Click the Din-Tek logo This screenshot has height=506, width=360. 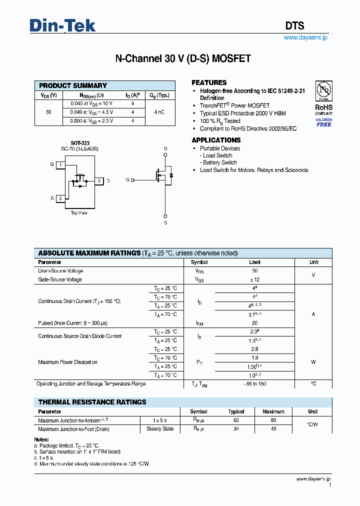[x=62, y=25]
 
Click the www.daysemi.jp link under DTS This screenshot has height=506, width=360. [x=305, y=37]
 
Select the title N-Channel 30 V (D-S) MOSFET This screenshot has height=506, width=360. [x=183, y=58]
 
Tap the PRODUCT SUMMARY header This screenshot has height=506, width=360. [x=73, y=85]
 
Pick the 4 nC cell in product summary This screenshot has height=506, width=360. [x=159, y=112]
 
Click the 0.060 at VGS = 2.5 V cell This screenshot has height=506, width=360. [x=91, y=120]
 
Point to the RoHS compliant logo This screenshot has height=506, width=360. [x=323, y=97]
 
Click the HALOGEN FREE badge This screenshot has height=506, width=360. [x=323, y=122]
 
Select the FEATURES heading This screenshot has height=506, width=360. [x=209, y=82]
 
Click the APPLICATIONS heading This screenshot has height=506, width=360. [x=216, y=140]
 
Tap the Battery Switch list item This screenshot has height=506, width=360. [x=219, y=162]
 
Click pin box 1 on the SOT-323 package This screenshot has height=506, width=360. [x=60, y=164]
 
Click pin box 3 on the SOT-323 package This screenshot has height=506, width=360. [x=99, y=180]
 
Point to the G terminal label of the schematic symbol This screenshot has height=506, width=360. [x=127, y=179]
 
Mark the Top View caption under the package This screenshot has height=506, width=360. [x=79, y=212]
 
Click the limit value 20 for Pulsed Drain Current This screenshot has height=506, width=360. [x=254, y=323]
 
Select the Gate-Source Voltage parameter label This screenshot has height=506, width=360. [x=60, y=279]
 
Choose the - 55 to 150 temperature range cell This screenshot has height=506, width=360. [x=254, y=384]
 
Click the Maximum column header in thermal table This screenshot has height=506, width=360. [x=273, y=411]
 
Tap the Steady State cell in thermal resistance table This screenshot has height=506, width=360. [x=160, y=429]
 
